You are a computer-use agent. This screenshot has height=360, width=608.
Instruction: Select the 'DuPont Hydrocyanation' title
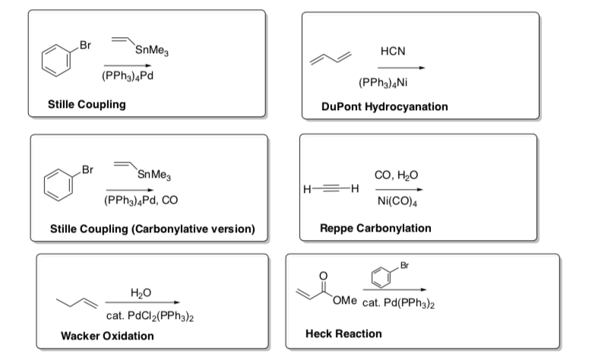[x=385, y=106]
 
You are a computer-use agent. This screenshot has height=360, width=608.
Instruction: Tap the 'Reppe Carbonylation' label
[x=375, y=228]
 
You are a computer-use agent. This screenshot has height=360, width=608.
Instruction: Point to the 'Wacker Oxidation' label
[x=107, y=336]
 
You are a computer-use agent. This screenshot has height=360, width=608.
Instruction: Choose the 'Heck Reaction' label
[x=344, y=333]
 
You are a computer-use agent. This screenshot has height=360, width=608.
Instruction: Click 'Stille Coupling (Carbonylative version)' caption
[x=151, y=229]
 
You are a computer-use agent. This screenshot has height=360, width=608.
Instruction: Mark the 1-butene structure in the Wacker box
[x=80, y=304]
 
